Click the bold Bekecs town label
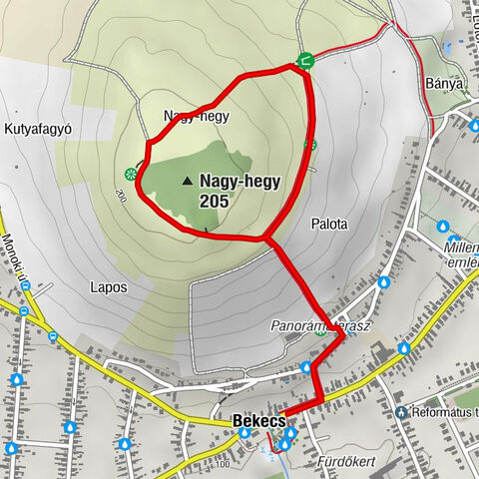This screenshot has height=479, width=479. (x=257, y=422)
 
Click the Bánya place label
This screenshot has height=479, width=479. (x=444, y=84)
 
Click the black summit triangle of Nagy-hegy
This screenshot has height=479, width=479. (x=187, y=182)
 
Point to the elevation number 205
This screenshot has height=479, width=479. (x=214, y=201)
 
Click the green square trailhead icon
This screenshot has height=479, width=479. (x=305, y=61)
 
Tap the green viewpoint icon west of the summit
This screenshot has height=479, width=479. (x=131, y=175)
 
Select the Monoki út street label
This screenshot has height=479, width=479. (x=15, y=261)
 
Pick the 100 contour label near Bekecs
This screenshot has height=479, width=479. (x=222, y=464)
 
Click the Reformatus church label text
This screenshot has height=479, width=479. (x=443, y=411)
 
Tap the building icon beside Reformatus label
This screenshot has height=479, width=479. (x=401, y=411)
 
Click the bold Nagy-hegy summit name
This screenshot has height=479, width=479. (x=239, y=182)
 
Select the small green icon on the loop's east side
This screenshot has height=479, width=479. (x=310, y=145)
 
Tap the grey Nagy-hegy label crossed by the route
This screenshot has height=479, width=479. (x=197, y=116)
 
